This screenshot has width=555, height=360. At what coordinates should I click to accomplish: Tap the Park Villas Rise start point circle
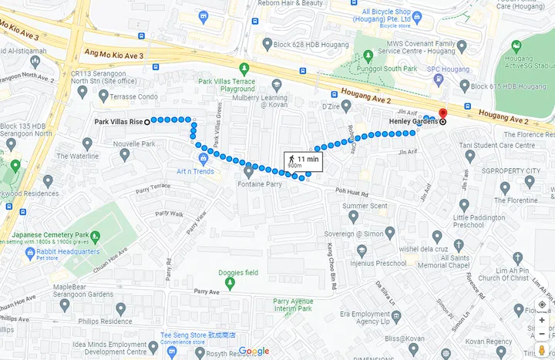click(x=146, y=121)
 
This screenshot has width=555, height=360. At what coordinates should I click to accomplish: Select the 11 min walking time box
click(x=303, y=161)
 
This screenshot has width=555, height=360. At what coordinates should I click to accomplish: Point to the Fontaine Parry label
click(x=258, y=184)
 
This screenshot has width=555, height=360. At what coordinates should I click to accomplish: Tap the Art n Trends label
click(x=195, y=171)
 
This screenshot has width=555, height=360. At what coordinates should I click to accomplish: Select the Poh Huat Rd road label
click(x=351, y=193)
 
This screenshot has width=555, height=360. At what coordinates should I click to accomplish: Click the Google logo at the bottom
click(x=254, y=352)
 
